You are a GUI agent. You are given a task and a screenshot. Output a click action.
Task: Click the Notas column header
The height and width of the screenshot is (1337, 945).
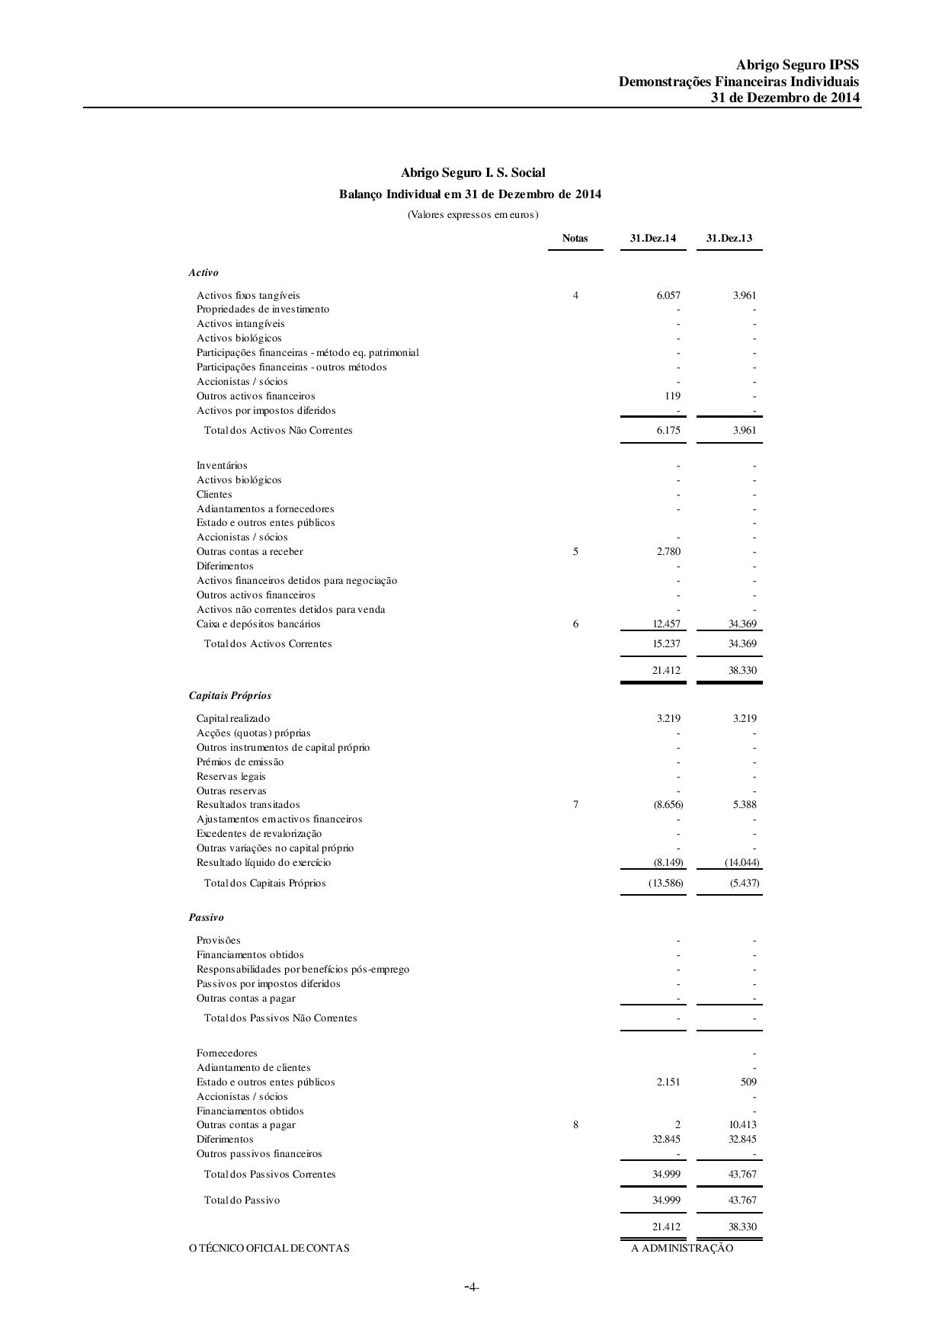pyautogui.click(x=575, y=238)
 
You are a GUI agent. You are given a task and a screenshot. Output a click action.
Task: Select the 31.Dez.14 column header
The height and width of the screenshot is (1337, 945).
pyautogui.click(x=652, y=238)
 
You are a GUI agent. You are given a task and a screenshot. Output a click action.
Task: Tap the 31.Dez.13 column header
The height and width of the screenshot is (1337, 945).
pyautogui.click(x=729, y=238)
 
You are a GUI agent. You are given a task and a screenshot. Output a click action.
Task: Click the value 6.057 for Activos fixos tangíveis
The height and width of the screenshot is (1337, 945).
pyautogui.click(x=668, y=295)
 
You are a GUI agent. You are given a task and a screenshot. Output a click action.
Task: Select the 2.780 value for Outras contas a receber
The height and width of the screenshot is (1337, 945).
pyautogui.click(x=668, y=551)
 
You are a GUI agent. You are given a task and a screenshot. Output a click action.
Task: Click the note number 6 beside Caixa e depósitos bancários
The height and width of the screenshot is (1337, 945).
pyautogui.click(x=575, y=624)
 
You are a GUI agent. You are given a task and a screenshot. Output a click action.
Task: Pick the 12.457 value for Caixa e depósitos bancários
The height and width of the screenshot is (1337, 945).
pyautogui.click(x=666, y=624)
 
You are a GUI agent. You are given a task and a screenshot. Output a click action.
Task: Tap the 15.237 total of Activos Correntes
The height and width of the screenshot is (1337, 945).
pyautogui.click(x=666, y=643)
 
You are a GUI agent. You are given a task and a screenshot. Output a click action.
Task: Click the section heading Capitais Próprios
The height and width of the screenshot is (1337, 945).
pyautogui.click(x=229, y=695)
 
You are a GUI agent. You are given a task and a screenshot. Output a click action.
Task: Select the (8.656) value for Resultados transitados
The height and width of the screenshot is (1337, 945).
pyautogui.click(x=668, y=804)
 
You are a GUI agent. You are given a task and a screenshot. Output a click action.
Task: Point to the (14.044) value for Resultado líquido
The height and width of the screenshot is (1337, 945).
pyautogui.click(x=742, y=862)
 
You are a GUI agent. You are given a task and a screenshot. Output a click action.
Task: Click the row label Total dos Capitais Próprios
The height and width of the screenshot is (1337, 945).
pyautogui.click(x=264, y=883)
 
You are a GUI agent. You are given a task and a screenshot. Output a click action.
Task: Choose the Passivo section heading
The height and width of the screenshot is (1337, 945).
pyautogui.click(x=206, y=917)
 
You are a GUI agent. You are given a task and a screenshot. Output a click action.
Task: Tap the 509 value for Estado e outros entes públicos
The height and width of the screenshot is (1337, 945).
pyautogui.click(x=748, y=1082)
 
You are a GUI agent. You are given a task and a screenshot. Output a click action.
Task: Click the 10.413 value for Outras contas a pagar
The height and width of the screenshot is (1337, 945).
pyautogui.click(x=742, y=1124)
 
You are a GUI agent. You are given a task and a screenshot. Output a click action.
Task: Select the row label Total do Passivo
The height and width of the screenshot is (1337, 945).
pyautogui.click(x=242, y=1200)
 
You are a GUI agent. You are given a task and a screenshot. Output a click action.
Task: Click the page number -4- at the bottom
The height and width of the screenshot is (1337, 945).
pyautogui.click(x=472, y=1287)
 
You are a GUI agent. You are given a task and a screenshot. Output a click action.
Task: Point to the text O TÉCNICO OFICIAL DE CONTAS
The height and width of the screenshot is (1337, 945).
pyautogui.click(x=269, y=1248)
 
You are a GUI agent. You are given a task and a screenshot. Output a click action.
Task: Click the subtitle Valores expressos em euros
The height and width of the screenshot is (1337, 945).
pyautogui.click(x=472, y=214)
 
